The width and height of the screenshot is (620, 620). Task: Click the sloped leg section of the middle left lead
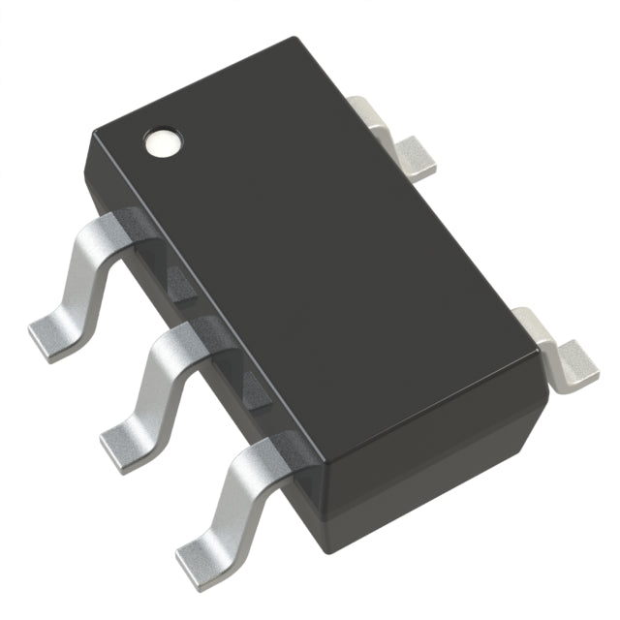[x=145, y=387]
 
